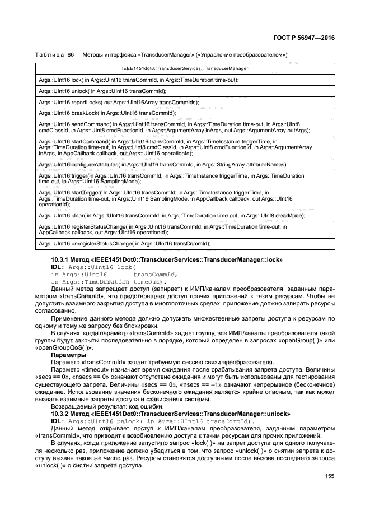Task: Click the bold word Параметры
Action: click(68, 355)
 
